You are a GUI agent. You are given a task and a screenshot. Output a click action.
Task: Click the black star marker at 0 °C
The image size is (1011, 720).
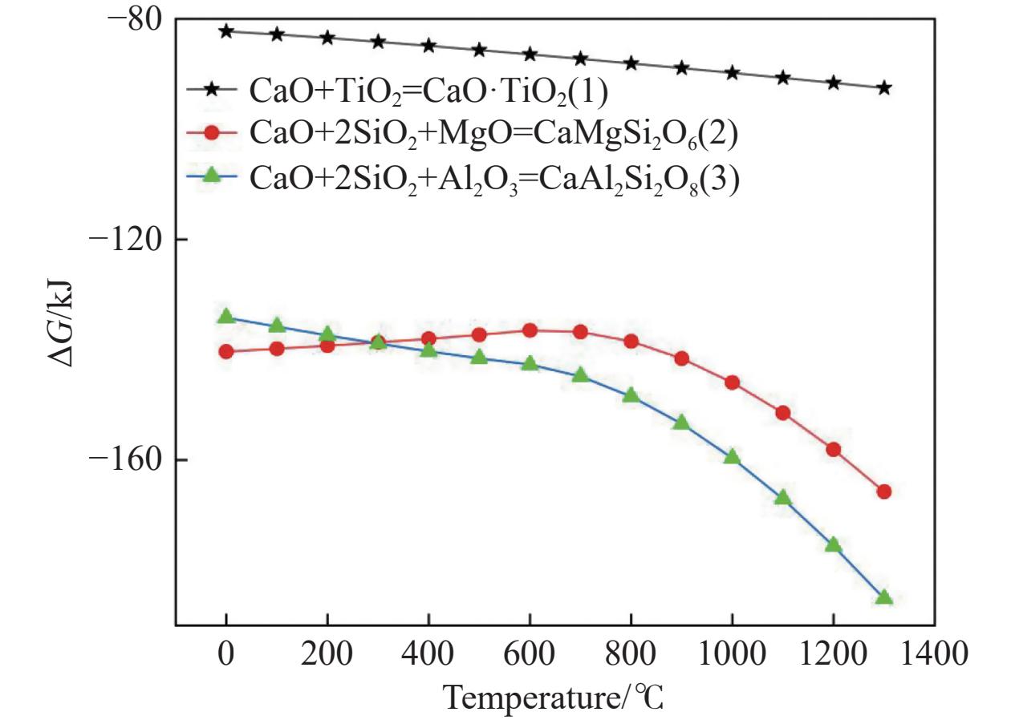226,31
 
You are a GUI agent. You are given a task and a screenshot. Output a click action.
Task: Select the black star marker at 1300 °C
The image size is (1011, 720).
884,88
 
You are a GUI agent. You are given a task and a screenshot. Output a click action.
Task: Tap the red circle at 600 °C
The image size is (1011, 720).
530,330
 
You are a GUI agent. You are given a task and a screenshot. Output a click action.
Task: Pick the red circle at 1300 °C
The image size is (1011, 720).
884,491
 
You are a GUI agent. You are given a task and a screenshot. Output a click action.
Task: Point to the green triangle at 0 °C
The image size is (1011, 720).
226,316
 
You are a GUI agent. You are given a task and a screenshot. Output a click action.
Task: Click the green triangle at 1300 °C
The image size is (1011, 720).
884,597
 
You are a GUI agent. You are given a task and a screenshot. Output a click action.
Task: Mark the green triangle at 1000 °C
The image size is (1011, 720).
732,456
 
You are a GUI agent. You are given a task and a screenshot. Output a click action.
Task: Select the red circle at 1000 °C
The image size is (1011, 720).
732,382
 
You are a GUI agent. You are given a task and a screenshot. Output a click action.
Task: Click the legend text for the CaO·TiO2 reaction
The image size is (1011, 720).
428,92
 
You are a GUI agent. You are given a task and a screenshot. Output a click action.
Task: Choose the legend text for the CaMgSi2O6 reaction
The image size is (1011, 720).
493,135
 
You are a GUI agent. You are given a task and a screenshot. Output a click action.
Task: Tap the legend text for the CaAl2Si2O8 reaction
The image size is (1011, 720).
494,180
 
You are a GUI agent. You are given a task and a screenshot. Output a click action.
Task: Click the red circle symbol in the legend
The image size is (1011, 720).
212,132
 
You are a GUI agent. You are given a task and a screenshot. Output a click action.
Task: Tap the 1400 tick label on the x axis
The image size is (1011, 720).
934,653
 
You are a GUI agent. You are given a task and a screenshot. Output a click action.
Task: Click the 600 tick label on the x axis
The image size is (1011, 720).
529,653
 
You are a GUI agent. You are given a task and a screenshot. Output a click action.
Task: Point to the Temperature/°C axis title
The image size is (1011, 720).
554,698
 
